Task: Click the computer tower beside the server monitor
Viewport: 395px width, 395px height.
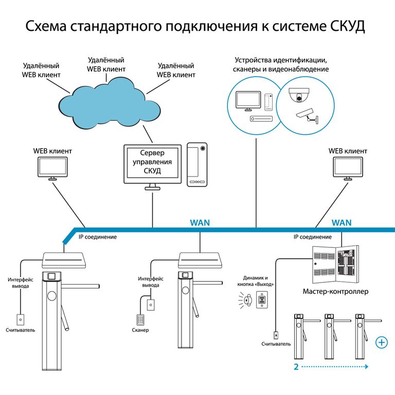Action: coord(197,164)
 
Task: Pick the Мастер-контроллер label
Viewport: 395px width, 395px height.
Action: coord(335,292)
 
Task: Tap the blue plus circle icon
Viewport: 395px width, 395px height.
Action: coord(382,343)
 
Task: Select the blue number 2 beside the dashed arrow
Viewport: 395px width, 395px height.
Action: coord(296,367)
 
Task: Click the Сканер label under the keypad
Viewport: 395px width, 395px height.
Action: coord(139,330)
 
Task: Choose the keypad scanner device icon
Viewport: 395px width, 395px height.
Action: coord(139,318)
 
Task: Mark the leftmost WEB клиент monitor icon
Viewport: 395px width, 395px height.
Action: coord(52,168)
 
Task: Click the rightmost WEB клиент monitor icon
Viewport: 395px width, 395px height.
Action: coord(348,168)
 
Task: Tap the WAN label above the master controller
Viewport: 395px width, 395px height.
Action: coord(342,223)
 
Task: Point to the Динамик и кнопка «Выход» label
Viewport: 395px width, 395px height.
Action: coord(257,281)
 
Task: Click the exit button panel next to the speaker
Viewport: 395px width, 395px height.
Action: coord(261,300)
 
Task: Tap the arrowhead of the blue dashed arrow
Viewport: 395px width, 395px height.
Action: coord(367,367)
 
